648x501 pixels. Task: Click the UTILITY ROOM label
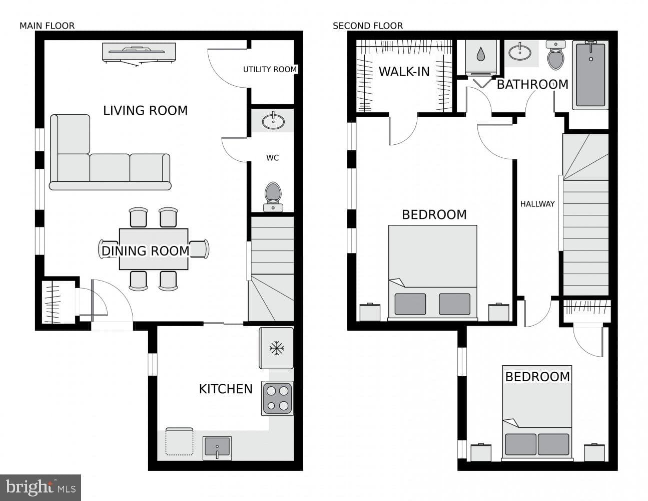(x=270, y=70)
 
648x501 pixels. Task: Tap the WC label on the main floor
(x=273, y=158)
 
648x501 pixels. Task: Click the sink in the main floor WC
(x=273, y=121)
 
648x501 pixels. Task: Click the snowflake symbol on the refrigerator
(x=277, y=348)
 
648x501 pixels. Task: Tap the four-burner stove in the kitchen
(x=277, y=398)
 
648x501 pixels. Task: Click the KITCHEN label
(x=226, y=389)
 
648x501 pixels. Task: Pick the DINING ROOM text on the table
(x=146, y=251)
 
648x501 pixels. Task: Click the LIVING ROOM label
(x=145, y=111)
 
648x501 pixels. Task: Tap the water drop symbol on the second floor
(x=480, y=54)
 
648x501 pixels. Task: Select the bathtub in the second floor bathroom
(x=590, y=75)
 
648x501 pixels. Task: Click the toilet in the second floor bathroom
(x=556, y=56)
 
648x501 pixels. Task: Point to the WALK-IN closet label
(x=404, y=72)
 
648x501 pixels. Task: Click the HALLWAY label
(x=537, y=204)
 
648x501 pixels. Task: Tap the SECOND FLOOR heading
(x=368, y=26)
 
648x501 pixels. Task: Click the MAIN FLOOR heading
(x=47, y=26)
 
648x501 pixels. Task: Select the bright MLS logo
(x=41, y=487)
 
